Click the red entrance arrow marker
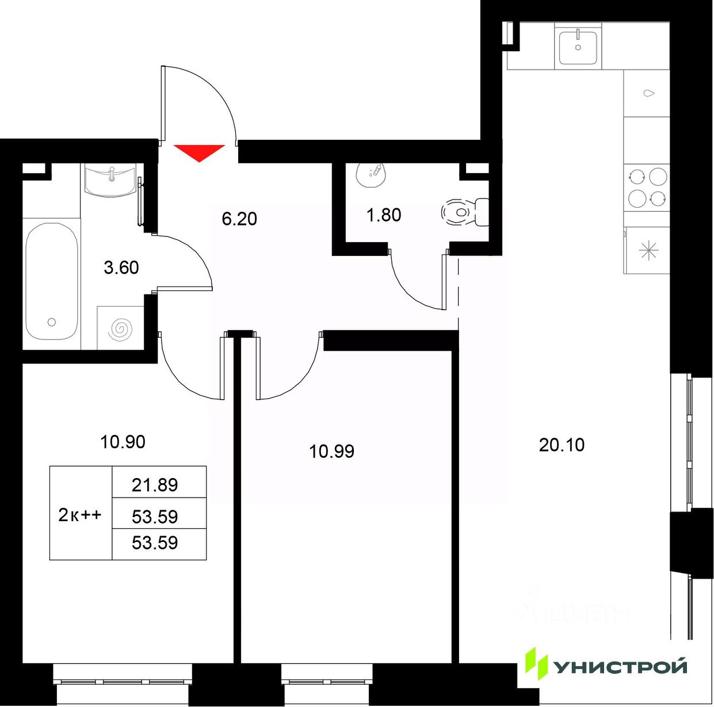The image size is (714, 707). point(199,152)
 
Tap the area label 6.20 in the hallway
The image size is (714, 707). point(239,219)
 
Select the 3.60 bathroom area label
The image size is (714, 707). point(121,267)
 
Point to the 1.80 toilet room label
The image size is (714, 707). point(384,215)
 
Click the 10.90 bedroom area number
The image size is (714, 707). point(123,442)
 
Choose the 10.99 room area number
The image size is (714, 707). point(331,452)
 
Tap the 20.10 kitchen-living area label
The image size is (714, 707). point(562,445)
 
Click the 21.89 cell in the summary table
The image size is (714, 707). point(155,485)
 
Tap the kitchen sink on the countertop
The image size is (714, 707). point(578,48)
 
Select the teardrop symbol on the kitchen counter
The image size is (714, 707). point(649,93)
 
